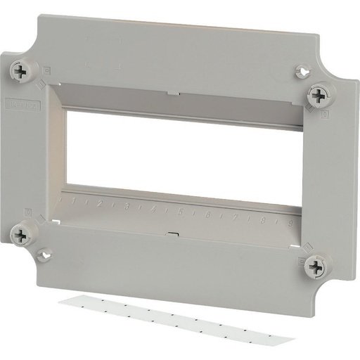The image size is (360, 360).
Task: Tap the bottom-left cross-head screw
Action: pos(24,235)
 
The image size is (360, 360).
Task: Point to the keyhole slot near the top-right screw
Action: pos(302,71)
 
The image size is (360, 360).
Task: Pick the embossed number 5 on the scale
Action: pos(181,211)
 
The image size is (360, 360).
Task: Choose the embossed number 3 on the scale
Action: pos(127,206)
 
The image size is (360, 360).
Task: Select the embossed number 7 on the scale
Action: pos(233,216)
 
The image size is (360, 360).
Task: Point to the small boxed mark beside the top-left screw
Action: pos(46,70)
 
